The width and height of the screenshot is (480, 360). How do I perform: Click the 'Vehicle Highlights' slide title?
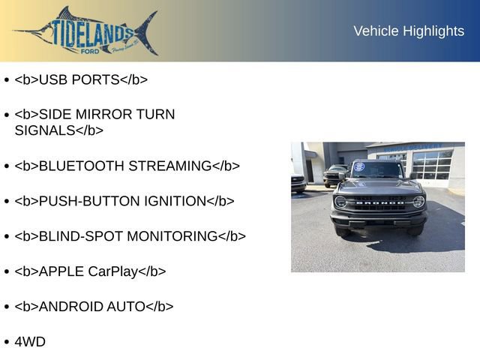click(409, 31)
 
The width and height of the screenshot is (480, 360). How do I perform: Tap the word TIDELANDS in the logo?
click(93, 31)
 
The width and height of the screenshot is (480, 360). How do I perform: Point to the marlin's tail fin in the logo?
click(147, 32)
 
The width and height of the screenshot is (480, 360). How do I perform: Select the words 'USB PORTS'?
click(79, 79)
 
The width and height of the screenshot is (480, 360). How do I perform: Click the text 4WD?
click(30, 342)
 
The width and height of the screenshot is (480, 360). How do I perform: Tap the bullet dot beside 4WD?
click(7, 343)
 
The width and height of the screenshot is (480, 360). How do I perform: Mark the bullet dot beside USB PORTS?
click(7, 80)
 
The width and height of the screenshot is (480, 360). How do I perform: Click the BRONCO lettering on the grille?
click(379, 202)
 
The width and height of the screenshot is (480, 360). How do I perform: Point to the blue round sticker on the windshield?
click(359, 166)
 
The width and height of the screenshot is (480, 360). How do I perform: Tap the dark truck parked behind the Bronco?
click(334, 175)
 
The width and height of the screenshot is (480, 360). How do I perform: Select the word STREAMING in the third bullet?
click(169, 166)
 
